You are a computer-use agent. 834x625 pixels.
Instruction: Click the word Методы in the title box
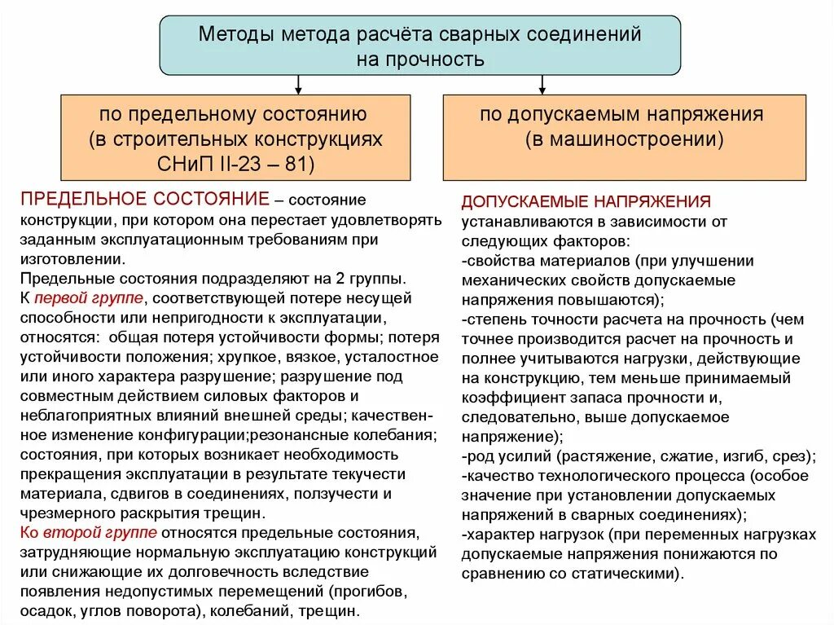(236, 36)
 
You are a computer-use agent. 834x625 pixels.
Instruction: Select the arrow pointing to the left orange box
(299, 84)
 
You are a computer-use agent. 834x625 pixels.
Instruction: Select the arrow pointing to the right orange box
(542, 84)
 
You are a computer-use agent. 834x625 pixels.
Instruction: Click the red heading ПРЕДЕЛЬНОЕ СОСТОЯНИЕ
(144, 200)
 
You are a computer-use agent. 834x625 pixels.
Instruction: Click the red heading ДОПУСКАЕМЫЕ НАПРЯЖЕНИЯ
(586, 201)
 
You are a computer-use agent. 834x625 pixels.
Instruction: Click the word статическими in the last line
(628, 573)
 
